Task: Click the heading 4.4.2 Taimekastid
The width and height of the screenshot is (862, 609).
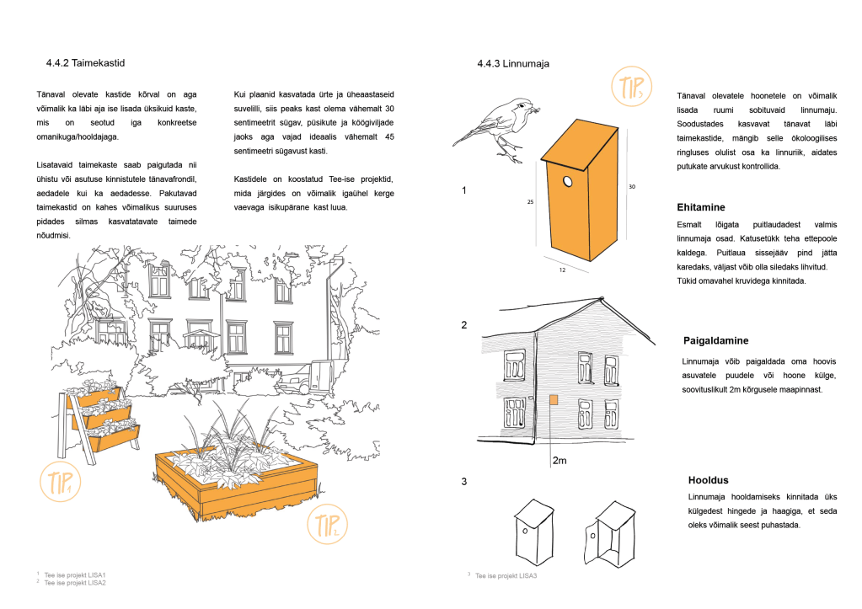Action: pos(87,63)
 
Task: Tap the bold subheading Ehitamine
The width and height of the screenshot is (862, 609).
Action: pos(701,207)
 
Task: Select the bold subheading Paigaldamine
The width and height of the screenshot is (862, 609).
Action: pos(717,341)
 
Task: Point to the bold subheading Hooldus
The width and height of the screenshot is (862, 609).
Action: pos(708,480)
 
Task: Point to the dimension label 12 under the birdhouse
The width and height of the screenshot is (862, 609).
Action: pos(561,270)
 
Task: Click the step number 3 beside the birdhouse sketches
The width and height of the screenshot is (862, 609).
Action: pos(464,482)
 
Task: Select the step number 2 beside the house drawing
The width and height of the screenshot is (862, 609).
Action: pos(464,324)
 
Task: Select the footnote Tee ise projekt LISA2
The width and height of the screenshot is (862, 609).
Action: pos(75,582)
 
